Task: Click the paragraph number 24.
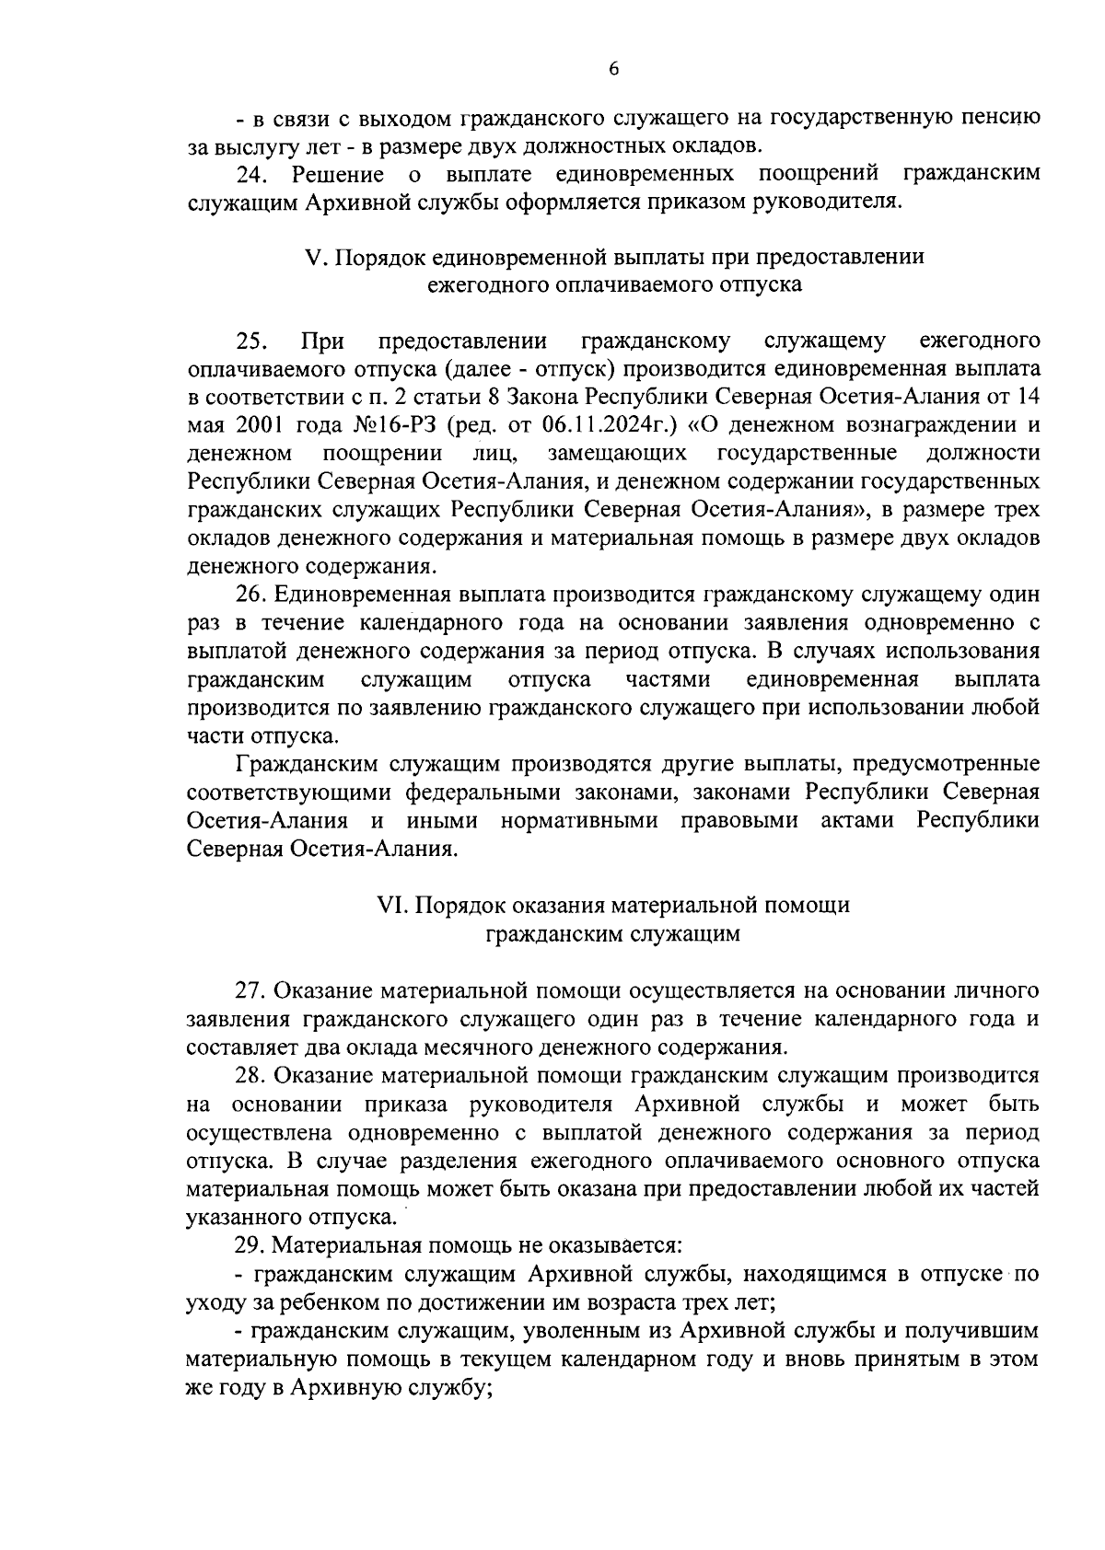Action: coord(250,174)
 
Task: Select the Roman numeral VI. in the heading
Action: coord(392,905)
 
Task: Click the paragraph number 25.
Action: coord(251,341)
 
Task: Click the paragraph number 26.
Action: coord(251,595)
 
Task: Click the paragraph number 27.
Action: coord(251,990)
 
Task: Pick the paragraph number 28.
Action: coord(251,1075)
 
